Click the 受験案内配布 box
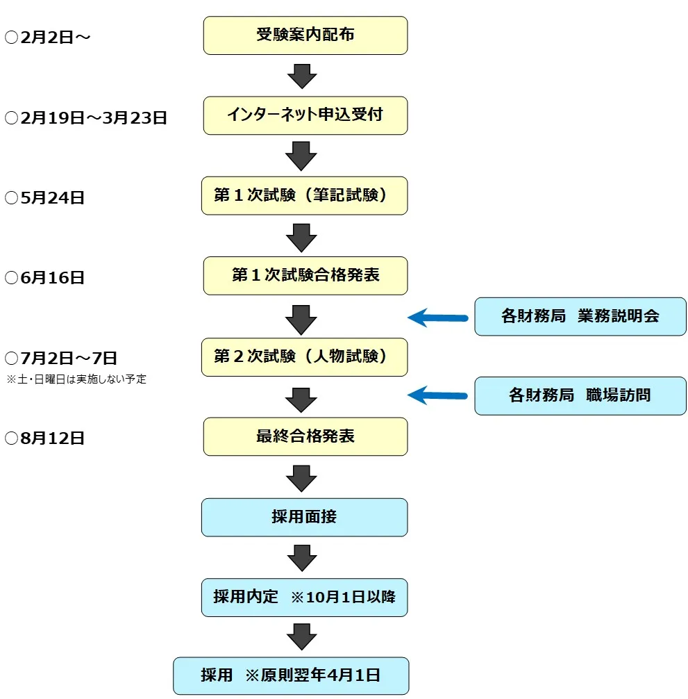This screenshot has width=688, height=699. pos(305,35)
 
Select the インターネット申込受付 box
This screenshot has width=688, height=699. pos(305,115)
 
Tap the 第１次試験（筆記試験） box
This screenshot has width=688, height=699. pos(305,195)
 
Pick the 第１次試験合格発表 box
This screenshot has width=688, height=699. pos(305,276)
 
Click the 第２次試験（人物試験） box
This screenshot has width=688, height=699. pos(305,357)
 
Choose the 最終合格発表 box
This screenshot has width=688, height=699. pos(305,436)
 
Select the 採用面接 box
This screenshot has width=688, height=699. pos(305,517)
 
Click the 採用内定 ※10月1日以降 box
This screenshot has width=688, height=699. pos(305,597)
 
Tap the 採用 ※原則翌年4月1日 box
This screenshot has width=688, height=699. pos(291,675)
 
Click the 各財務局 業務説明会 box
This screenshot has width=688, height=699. pos(580,317)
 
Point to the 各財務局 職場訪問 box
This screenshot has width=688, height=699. pos(580,396)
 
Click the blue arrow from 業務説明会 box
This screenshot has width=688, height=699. pos(437,318)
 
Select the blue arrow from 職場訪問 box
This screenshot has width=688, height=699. pos(437,396)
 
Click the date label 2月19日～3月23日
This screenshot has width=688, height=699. pos(86,117)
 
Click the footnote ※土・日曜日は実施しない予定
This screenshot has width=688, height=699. pos(76,379)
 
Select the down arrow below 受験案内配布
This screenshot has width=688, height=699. pos(302,76)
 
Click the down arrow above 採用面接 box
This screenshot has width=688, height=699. pos(302,479)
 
